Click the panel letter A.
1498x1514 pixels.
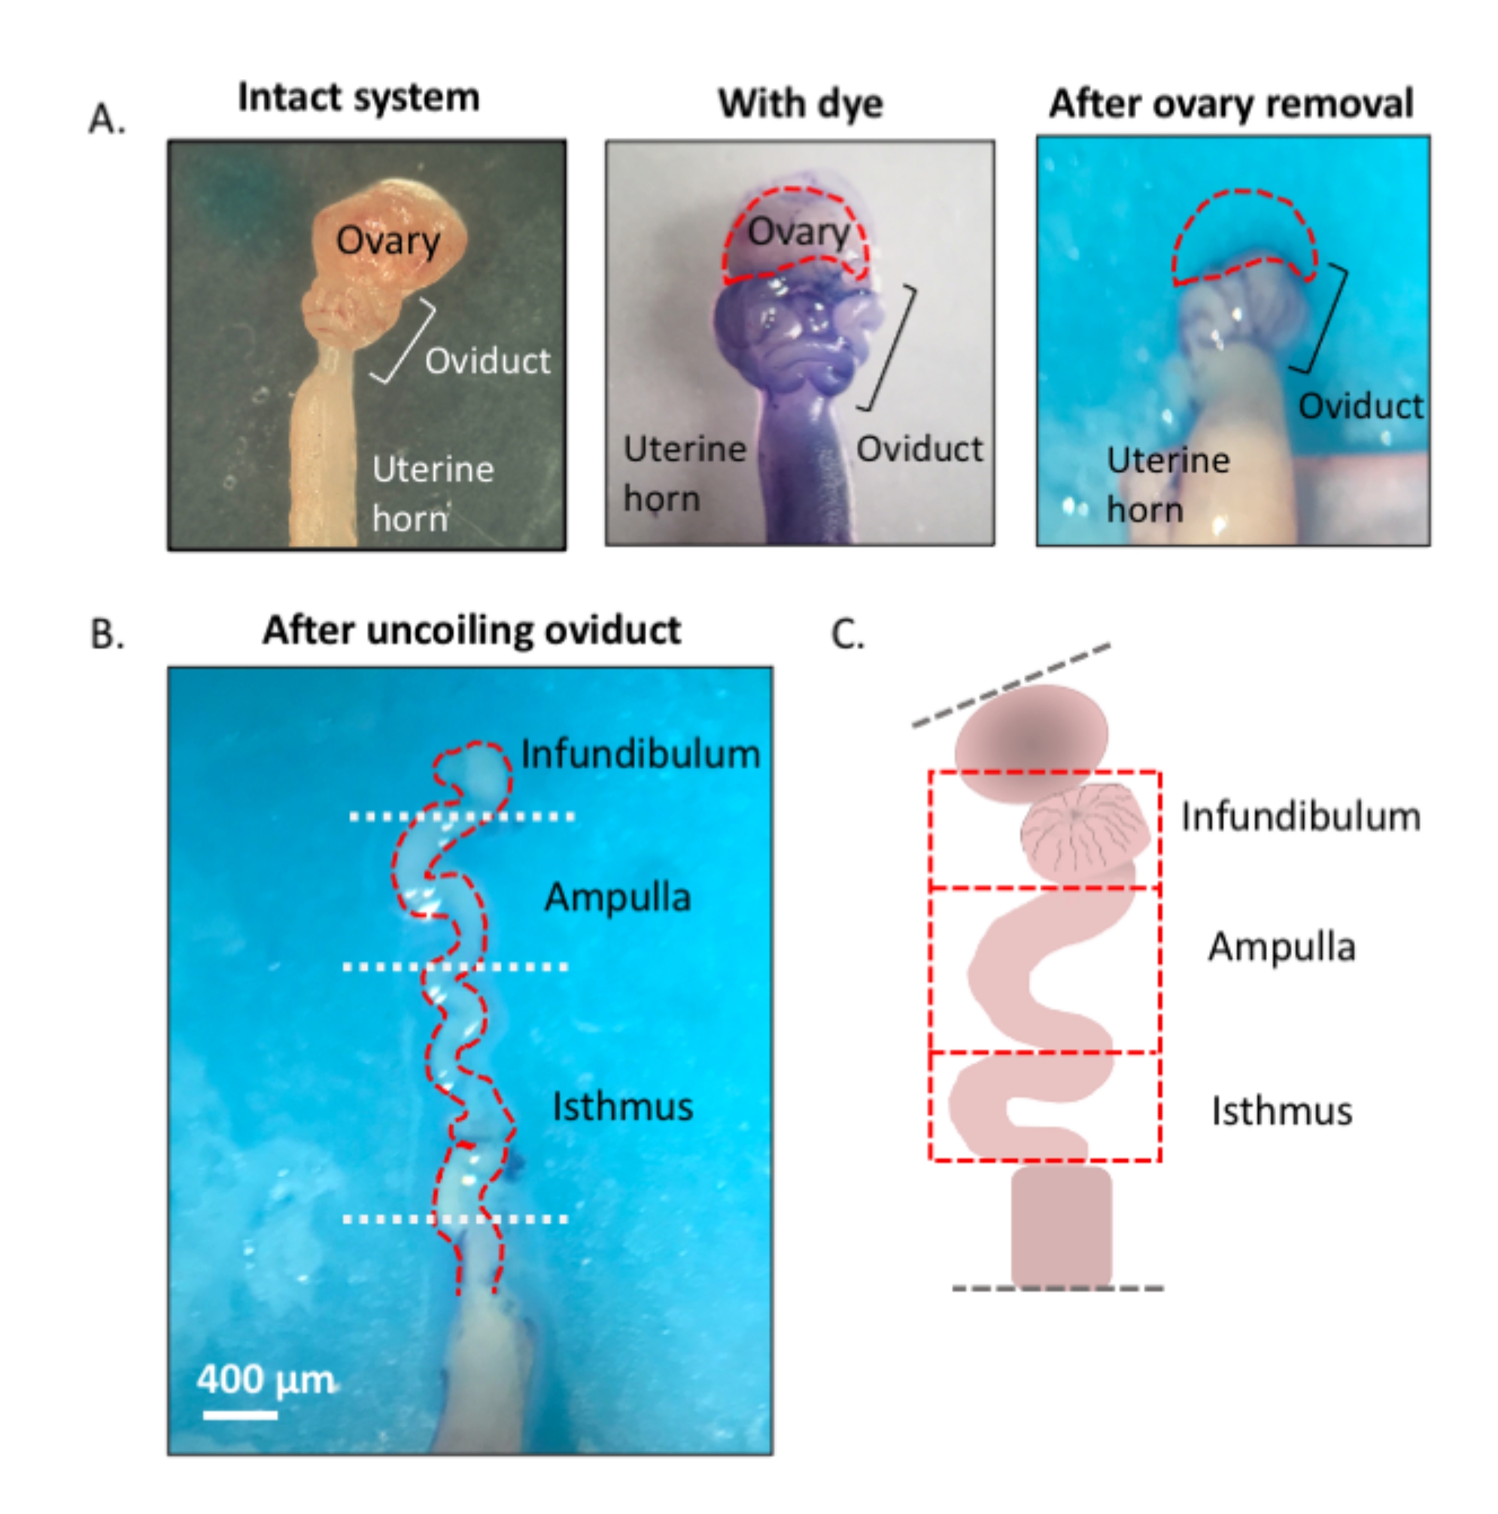coord(107,120)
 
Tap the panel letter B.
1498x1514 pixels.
coord(107,634)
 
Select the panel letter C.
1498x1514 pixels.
coord(846,634)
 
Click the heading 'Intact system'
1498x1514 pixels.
coord(358,98)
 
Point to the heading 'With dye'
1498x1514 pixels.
coord(801,104)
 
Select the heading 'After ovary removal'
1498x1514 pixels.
coord(1231,104)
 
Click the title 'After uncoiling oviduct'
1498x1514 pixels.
coord(471,631)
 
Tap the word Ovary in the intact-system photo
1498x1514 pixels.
coord(388,241)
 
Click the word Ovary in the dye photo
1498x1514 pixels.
coord(798,232)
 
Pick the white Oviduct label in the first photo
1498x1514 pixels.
coord(488,361)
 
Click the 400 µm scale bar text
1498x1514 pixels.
coord(265,1379)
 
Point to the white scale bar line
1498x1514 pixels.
coord(240,1415)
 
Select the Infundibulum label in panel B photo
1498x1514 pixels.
coord(640,754)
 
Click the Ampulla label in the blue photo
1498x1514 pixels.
coord(618,897)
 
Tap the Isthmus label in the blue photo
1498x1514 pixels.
coord(622,1107)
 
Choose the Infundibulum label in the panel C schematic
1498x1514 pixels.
coord(1300,817)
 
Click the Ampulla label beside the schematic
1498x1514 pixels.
coord(1281,947)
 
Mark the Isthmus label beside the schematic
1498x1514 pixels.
coord(1281,1111)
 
